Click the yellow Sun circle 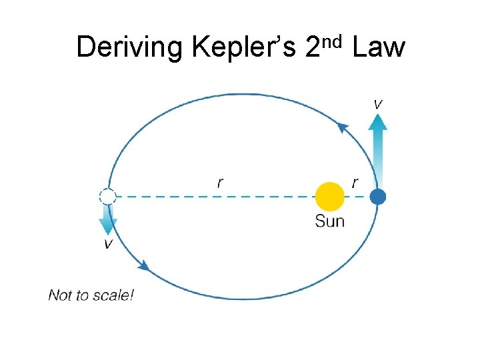click(x=330, y=197)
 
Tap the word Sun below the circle click(x=330, y=221)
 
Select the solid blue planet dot click(x=378, y=197)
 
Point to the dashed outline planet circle click(x=107, y=197)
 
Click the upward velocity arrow click(x=378, y=150)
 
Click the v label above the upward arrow click(x=378, y=104)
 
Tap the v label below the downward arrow click(x=108, y=244)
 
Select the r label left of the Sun click(x=221, y=183)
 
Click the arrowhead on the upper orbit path click(x=343, y=127)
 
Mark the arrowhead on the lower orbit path click(x=143, y=266)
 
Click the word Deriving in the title click(x=129, y=48)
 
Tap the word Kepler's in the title click(x=243, y=48)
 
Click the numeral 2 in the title click(x=313, y=48)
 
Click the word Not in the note click(x=59, y=295)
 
